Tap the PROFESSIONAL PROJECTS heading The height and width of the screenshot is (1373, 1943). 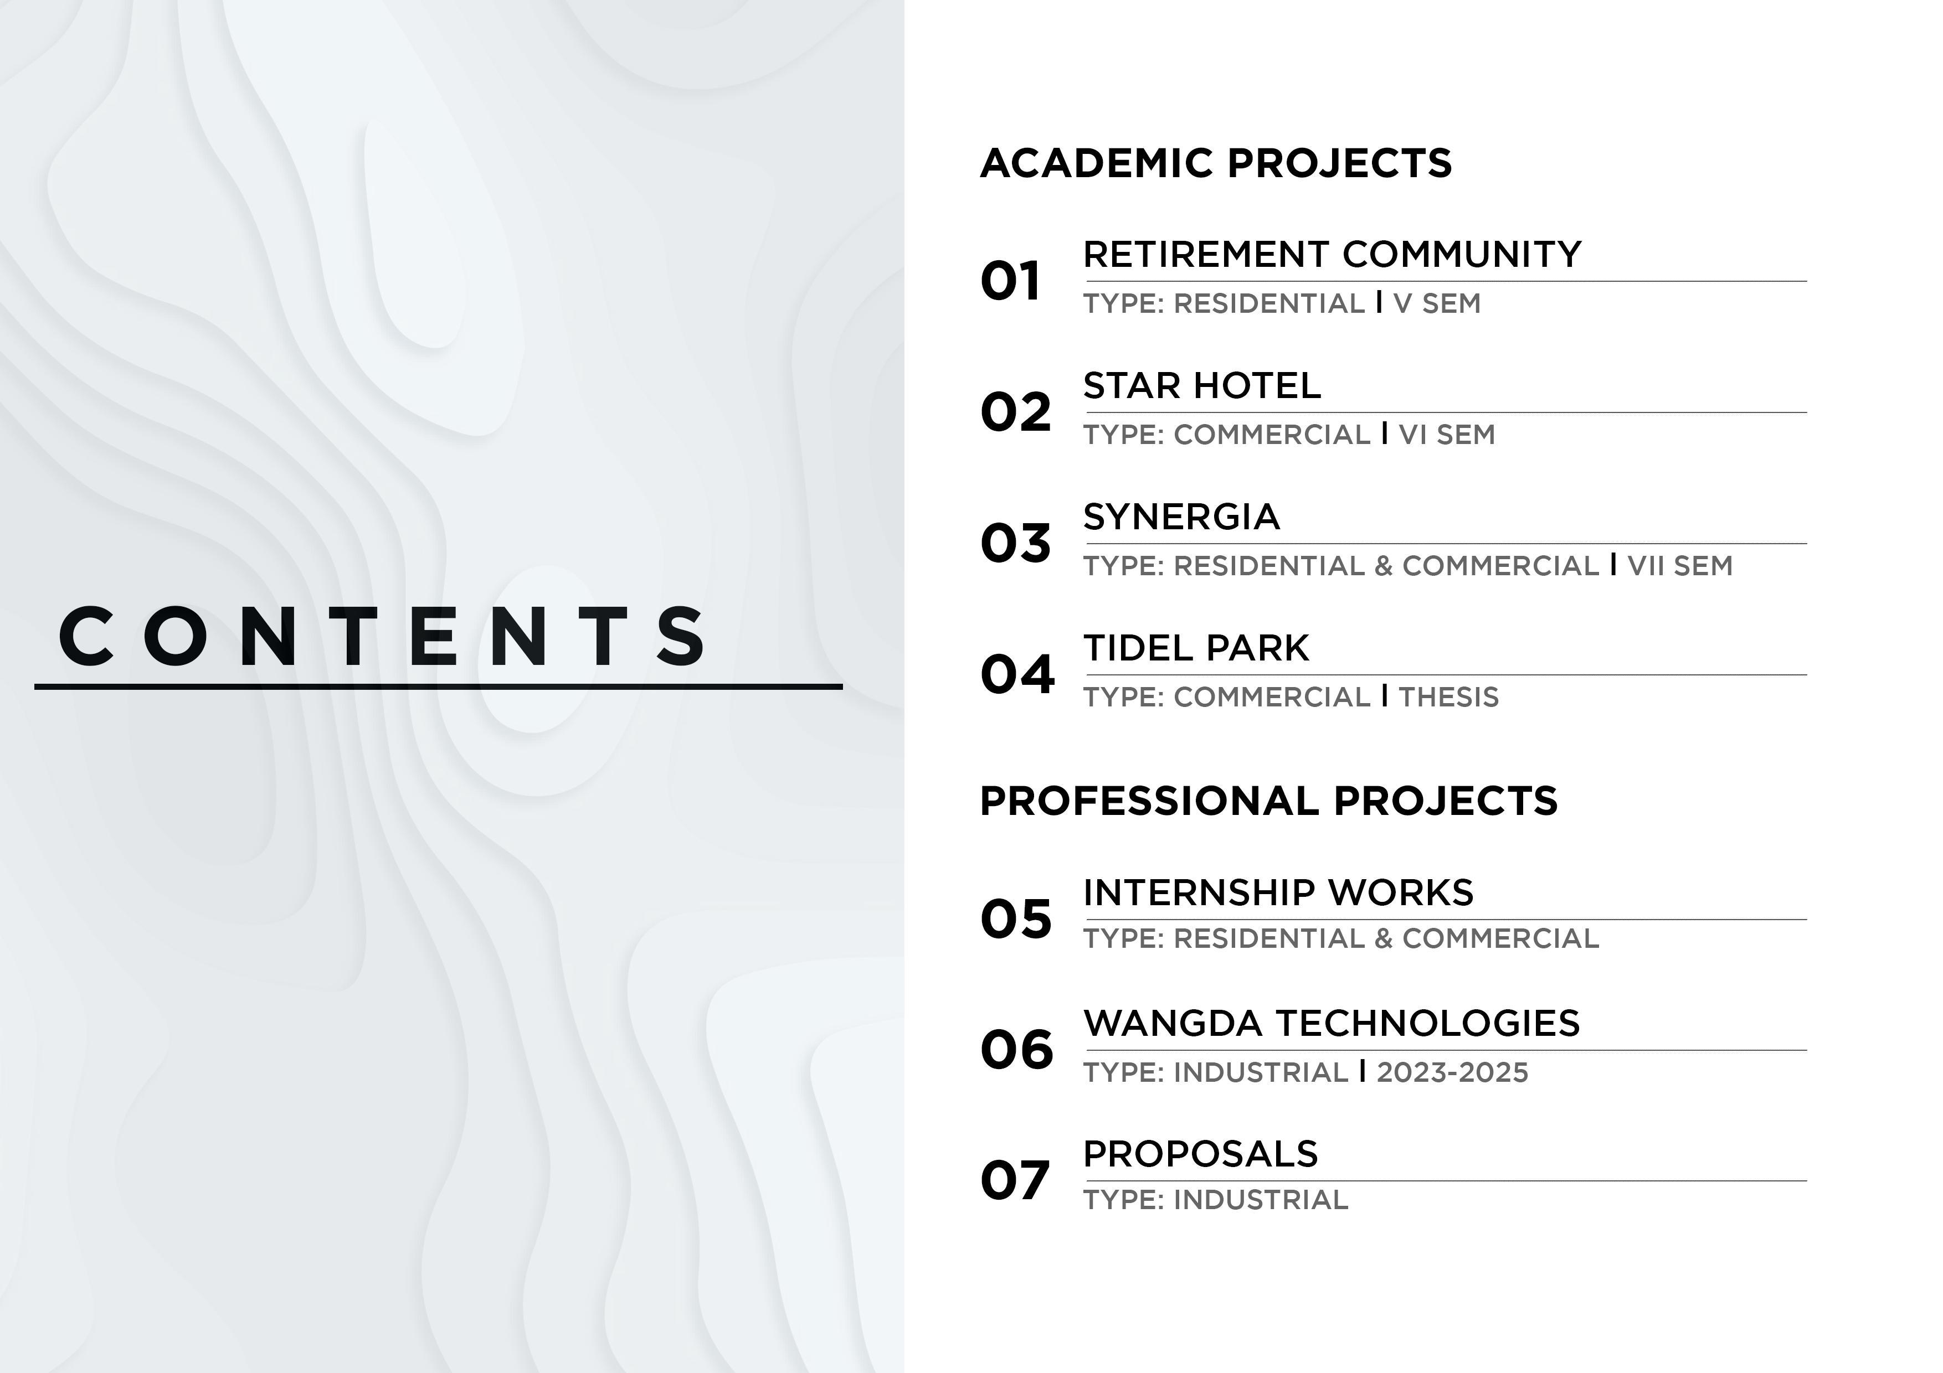pyautogui.click(x=1268, y=801)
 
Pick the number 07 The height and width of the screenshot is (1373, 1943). pyautogui.click(x=1015, y=1180)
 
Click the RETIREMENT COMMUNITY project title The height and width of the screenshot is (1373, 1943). pyautogui.click(x=1332, y=255)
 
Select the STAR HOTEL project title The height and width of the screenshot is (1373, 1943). pyautogui.click(x=1202, y=386)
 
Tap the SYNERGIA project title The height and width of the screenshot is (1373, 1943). pyautogui.click(x=1181, y=517)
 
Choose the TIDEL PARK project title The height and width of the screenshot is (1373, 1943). pyautogui.click(x=1196, y=648)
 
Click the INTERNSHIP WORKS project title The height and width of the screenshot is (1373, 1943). pyautogui.click(x=1278, y=892)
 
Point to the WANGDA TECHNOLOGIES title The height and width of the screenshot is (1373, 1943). pyautogui.click(x=1331, y=1024)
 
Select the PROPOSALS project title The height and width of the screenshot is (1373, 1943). pyautogui.click(x=1200, y=1154)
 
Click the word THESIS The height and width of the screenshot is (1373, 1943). pyautogui.click(x=1448, y=697)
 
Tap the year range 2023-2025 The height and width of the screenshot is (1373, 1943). pyautogui.click(x=1452, y=1073)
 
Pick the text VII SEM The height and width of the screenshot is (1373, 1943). pyautogui.click(x=1680, y=566)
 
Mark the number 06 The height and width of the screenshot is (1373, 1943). pyautogui.click(x=1016, y=1050)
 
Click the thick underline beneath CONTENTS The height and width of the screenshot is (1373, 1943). pyautogui.click(x=438, y=687)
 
